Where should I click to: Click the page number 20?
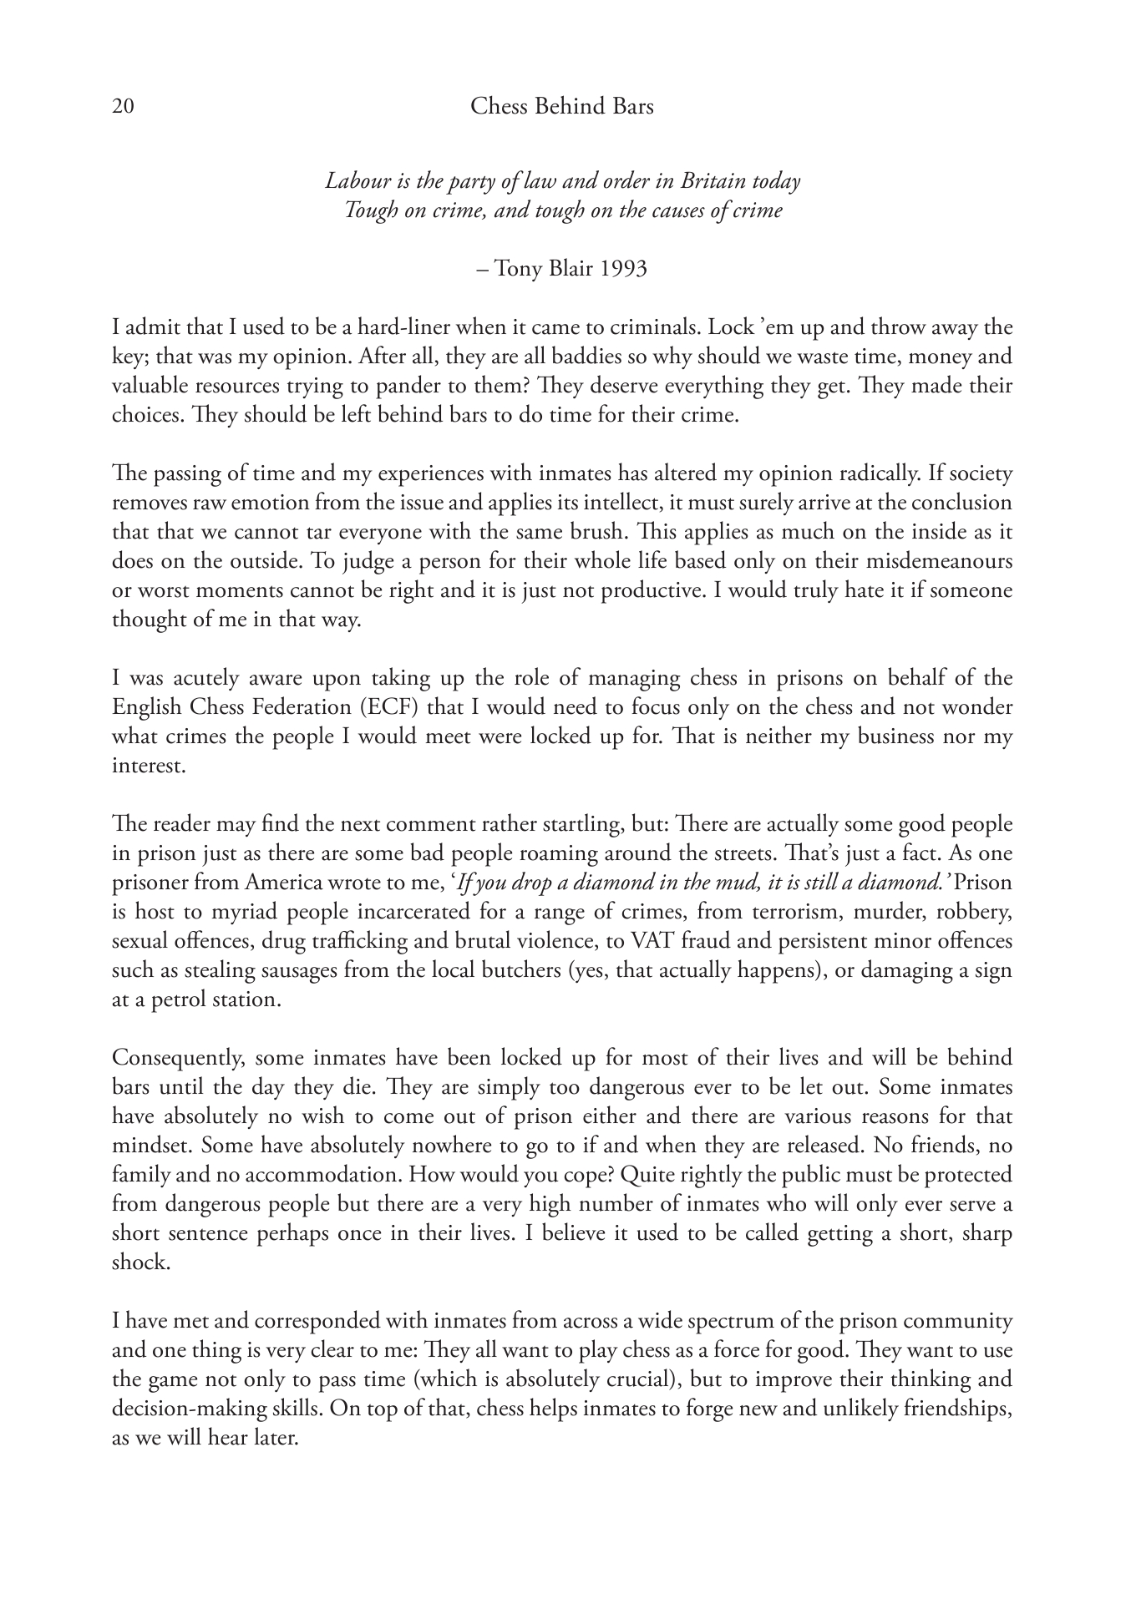(x=123, y=107)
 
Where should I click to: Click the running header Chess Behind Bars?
(x=561, y=107)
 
